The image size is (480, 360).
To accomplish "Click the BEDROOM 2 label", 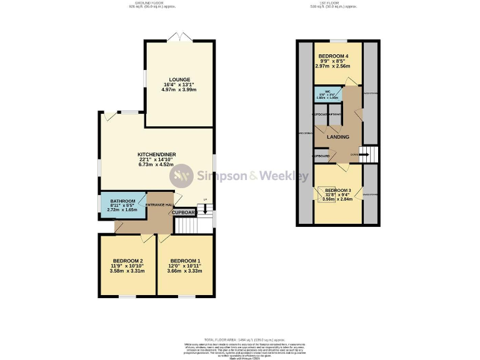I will point(128,261).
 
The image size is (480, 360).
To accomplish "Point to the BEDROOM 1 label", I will point(186,261).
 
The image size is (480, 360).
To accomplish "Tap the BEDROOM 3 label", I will point(337,190).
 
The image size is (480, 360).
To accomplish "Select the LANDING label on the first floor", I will point(337,137).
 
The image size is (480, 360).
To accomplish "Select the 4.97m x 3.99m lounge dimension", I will point(180,89).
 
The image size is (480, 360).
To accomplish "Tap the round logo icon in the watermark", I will point(182,176).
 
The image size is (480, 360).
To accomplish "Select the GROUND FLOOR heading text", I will point(152,2).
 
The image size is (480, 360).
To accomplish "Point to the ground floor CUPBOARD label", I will point(184,212).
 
